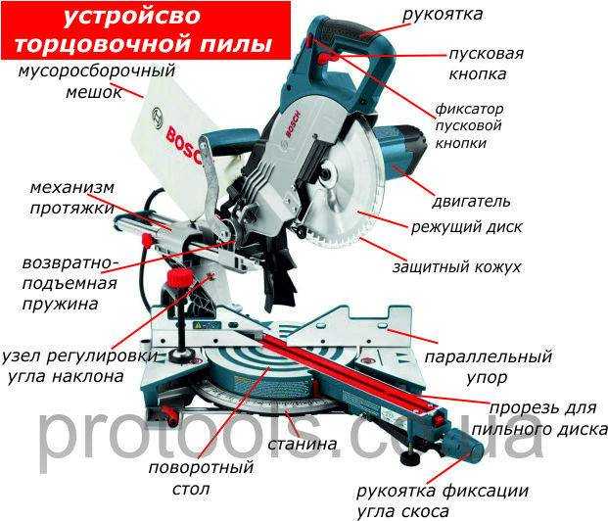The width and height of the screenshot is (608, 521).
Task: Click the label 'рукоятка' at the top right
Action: (443, 15)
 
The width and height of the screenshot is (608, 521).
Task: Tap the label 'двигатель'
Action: (471, 202)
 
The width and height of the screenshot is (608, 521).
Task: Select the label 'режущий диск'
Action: (466, 227)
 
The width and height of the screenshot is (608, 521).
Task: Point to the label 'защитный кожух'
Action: (457, 267)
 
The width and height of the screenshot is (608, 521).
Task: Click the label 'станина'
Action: (303, 444)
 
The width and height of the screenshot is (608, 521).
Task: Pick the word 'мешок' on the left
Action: (94, 92)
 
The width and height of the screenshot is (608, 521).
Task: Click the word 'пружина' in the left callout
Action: (60, 304)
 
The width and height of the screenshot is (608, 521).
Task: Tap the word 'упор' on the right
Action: (487, 377)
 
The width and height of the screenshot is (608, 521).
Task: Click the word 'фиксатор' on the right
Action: (469, 109)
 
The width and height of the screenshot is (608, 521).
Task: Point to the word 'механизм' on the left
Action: (72, 188)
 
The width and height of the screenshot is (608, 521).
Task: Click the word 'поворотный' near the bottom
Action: (201, 467)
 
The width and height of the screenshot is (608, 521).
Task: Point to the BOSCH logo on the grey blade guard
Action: (293, 125)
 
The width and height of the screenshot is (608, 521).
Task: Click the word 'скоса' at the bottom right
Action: (426, 512)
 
